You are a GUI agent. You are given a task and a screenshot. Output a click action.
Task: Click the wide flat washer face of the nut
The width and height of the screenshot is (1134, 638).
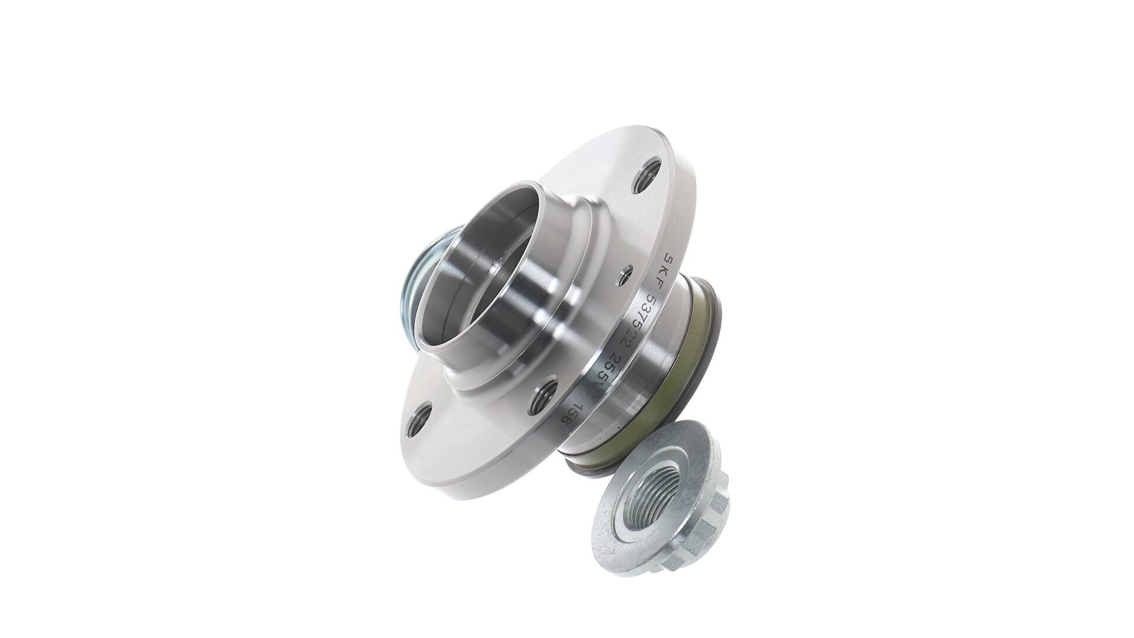click(623, 520)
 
